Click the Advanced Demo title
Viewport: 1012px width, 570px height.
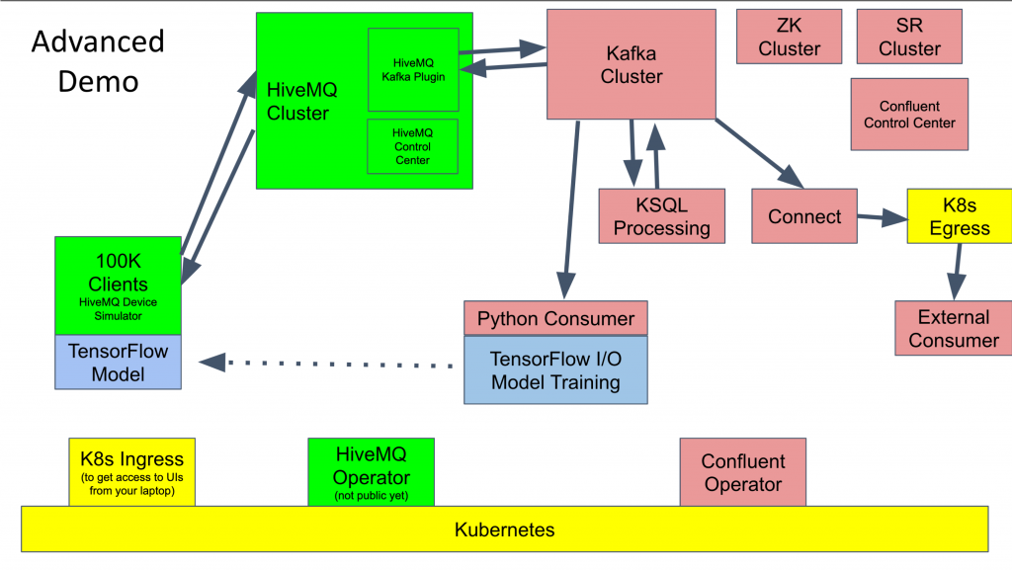[98, 61]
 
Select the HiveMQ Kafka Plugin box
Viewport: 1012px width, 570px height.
[413, 69]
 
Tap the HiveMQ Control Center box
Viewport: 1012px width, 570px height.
[412, 146]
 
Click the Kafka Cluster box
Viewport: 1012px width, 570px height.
[632, 62]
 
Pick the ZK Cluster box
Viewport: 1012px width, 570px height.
[789, 37]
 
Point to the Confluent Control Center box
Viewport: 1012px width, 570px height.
[909, 115]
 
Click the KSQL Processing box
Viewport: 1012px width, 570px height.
[661, 216]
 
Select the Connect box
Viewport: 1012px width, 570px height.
[803, 217]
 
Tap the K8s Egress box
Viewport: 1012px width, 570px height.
[959, 217]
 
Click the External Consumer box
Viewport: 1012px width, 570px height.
[953, 328]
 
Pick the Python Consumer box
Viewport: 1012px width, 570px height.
[555, 318]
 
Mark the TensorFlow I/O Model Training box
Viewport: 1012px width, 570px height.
[555, 369]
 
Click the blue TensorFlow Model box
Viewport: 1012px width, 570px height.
[118, 362]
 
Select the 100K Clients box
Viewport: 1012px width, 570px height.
[118, 284]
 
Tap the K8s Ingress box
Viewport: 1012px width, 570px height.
[132, 472]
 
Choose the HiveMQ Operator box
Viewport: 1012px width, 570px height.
[371, 472]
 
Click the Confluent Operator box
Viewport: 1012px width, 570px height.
[742, 472]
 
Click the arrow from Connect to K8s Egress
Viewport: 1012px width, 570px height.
[882, 216]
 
